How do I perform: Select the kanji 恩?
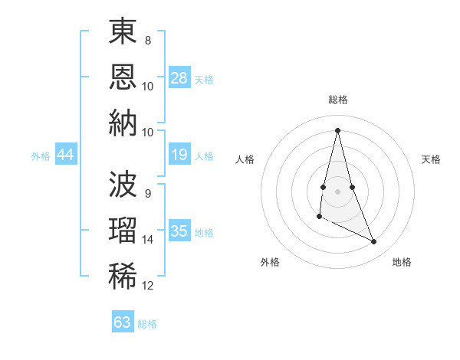(123, 76)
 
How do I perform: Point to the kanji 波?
(123, 185)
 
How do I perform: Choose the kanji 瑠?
(123, 230)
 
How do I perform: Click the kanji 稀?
(123, 275)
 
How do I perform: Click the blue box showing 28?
(179, 78)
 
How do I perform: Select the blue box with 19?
(179, 155)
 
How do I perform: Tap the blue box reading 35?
(179, 231)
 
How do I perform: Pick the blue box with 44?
(66, 155)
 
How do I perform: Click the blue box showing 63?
(123, 322)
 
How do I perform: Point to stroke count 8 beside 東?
(148, 40)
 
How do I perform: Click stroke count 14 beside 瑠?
(148, 240)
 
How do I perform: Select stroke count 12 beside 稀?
(148, 286)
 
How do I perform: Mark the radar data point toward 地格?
(374, 242)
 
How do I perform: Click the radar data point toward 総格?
(338, 130)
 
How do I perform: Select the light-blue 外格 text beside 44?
(41, 156)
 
